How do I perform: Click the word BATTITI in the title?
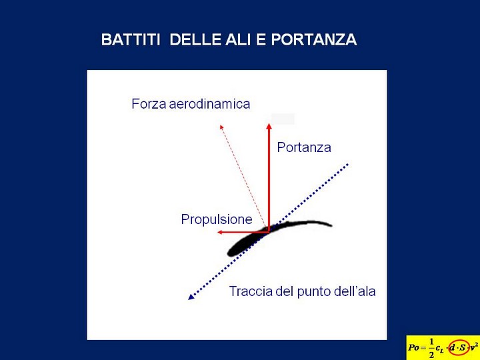point(131,40)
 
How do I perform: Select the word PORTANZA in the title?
point(314,40)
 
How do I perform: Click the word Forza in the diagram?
point(149,104)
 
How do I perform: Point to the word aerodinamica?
point(210,104)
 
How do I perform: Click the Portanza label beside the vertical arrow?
point(304,147)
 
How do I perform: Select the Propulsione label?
point(217,220)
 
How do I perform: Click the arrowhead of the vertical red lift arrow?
point(269,126)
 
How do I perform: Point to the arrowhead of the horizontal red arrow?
point(220,233)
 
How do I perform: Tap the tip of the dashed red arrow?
point(221,125)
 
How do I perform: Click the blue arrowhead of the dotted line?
point(191,297)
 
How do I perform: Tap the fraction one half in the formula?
point(431,348)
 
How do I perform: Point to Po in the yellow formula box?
point(413,348)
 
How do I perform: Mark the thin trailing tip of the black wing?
point(331,226)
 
